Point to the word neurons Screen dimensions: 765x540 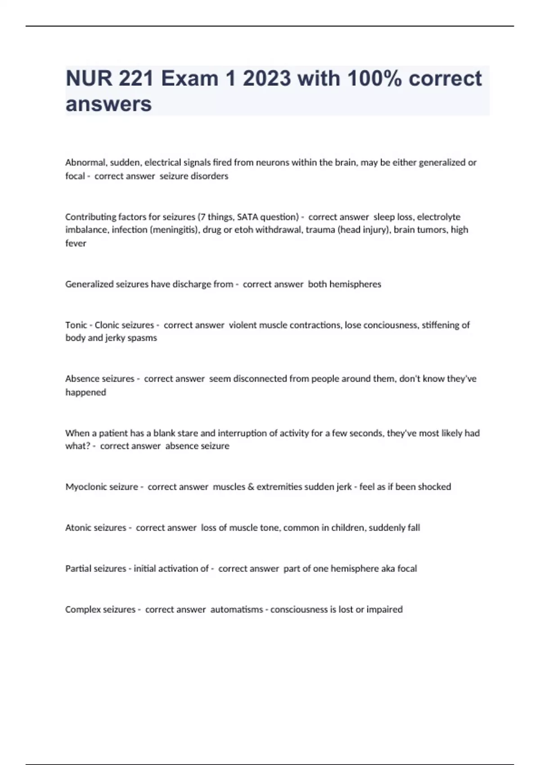point(272,162)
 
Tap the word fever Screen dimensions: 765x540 point(76,243)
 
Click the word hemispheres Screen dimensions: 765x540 point(355,284)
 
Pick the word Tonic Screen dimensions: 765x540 point(76,325)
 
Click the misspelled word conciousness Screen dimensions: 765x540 point(390,325)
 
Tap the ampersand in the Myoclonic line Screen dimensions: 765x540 point(251,487)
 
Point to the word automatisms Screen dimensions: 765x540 point(236,610)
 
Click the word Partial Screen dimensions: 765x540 point(79,569)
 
